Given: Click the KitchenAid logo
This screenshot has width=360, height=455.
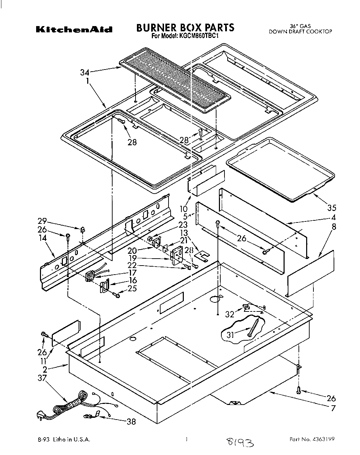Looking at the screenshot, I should coord(74,30).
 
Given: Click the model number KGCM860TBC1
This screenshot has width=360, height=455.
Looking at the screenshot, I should coord(199,36).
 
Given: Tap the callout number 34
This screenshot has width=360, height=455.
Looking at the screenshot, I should coord(85,72).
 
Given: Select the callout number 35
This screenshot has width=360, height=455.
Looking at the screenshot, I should coord(332,208).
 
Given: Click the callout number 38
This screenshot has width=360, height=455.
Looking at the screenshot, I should coord(131,422).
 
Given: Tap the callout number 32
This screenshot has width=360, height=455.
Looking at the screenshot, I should coord(230,314).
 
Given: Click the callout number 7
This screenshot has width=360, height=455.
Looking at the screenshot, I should coord(333,408).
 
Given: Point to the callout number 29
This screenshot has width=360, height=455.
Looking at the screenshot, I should coord(42,221).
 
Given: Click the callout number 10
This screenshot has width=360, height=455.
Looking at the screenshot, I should coord(183,209).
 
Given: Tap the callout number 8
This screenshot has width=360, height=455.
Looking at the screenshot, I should coord(334,227).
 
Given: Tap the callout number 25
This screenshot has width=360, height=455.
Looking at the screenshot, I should coord(132,288).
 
